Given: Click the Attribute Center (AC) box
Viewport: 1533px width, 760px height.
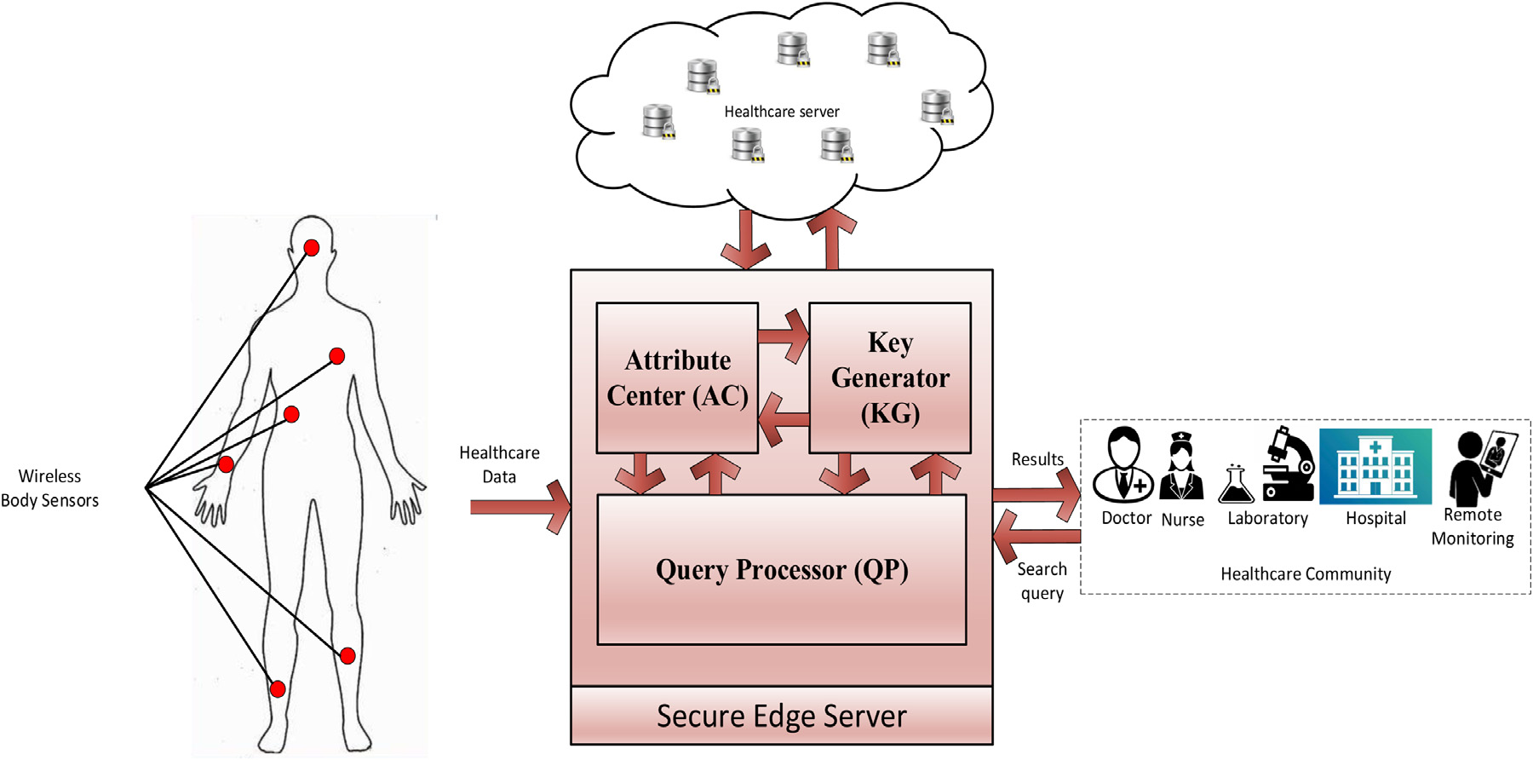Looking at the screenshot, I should [x=677, y=377].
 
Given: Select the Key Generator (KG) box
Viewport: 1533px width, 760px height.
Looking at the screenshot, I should [x=890, y=377].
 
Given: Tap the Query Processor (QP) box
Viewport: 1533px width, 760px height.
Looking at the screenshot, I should [x=782, y=569].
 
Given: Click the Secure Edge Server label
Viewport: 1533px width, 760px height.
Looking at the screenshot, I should [x=781, y=716].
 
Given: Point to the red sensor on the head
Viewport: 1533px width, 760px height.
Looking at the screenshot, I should [x=312, y=248].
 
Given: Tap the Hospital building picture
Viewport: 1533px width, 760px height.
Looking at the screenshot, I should [x=1375, y=466].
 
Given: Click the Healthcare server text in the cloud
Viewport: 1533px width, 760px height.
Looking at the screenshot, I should [x=781, y=112].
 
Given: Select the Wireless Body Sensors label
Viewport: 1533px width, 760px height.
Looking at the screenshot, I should [x=49, y=488].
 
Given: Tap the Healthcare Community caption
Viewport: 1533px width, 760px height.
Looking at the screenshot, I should [x=1305, y=574].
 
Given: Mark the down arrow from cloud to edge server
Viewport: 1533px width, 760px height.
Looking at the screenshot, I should [x=746, y=239].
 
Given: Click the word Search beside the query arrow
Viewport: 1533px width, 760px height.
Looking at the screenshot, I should [x=1042, y=569].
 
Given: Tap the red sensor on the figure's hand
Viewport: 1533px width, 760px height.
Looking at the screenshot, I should [x=226, y=465].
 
